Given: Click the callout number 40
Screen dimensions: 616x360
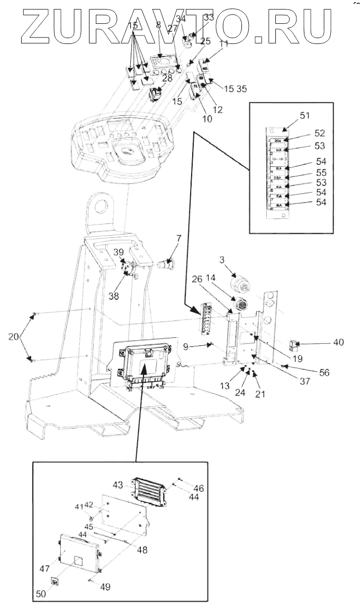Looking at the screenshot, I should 338,342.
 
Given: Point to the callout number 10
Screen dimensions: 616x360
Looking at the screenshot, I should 206,119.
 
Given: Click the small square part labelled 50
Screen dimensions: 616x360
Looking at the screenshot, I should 54,583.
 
